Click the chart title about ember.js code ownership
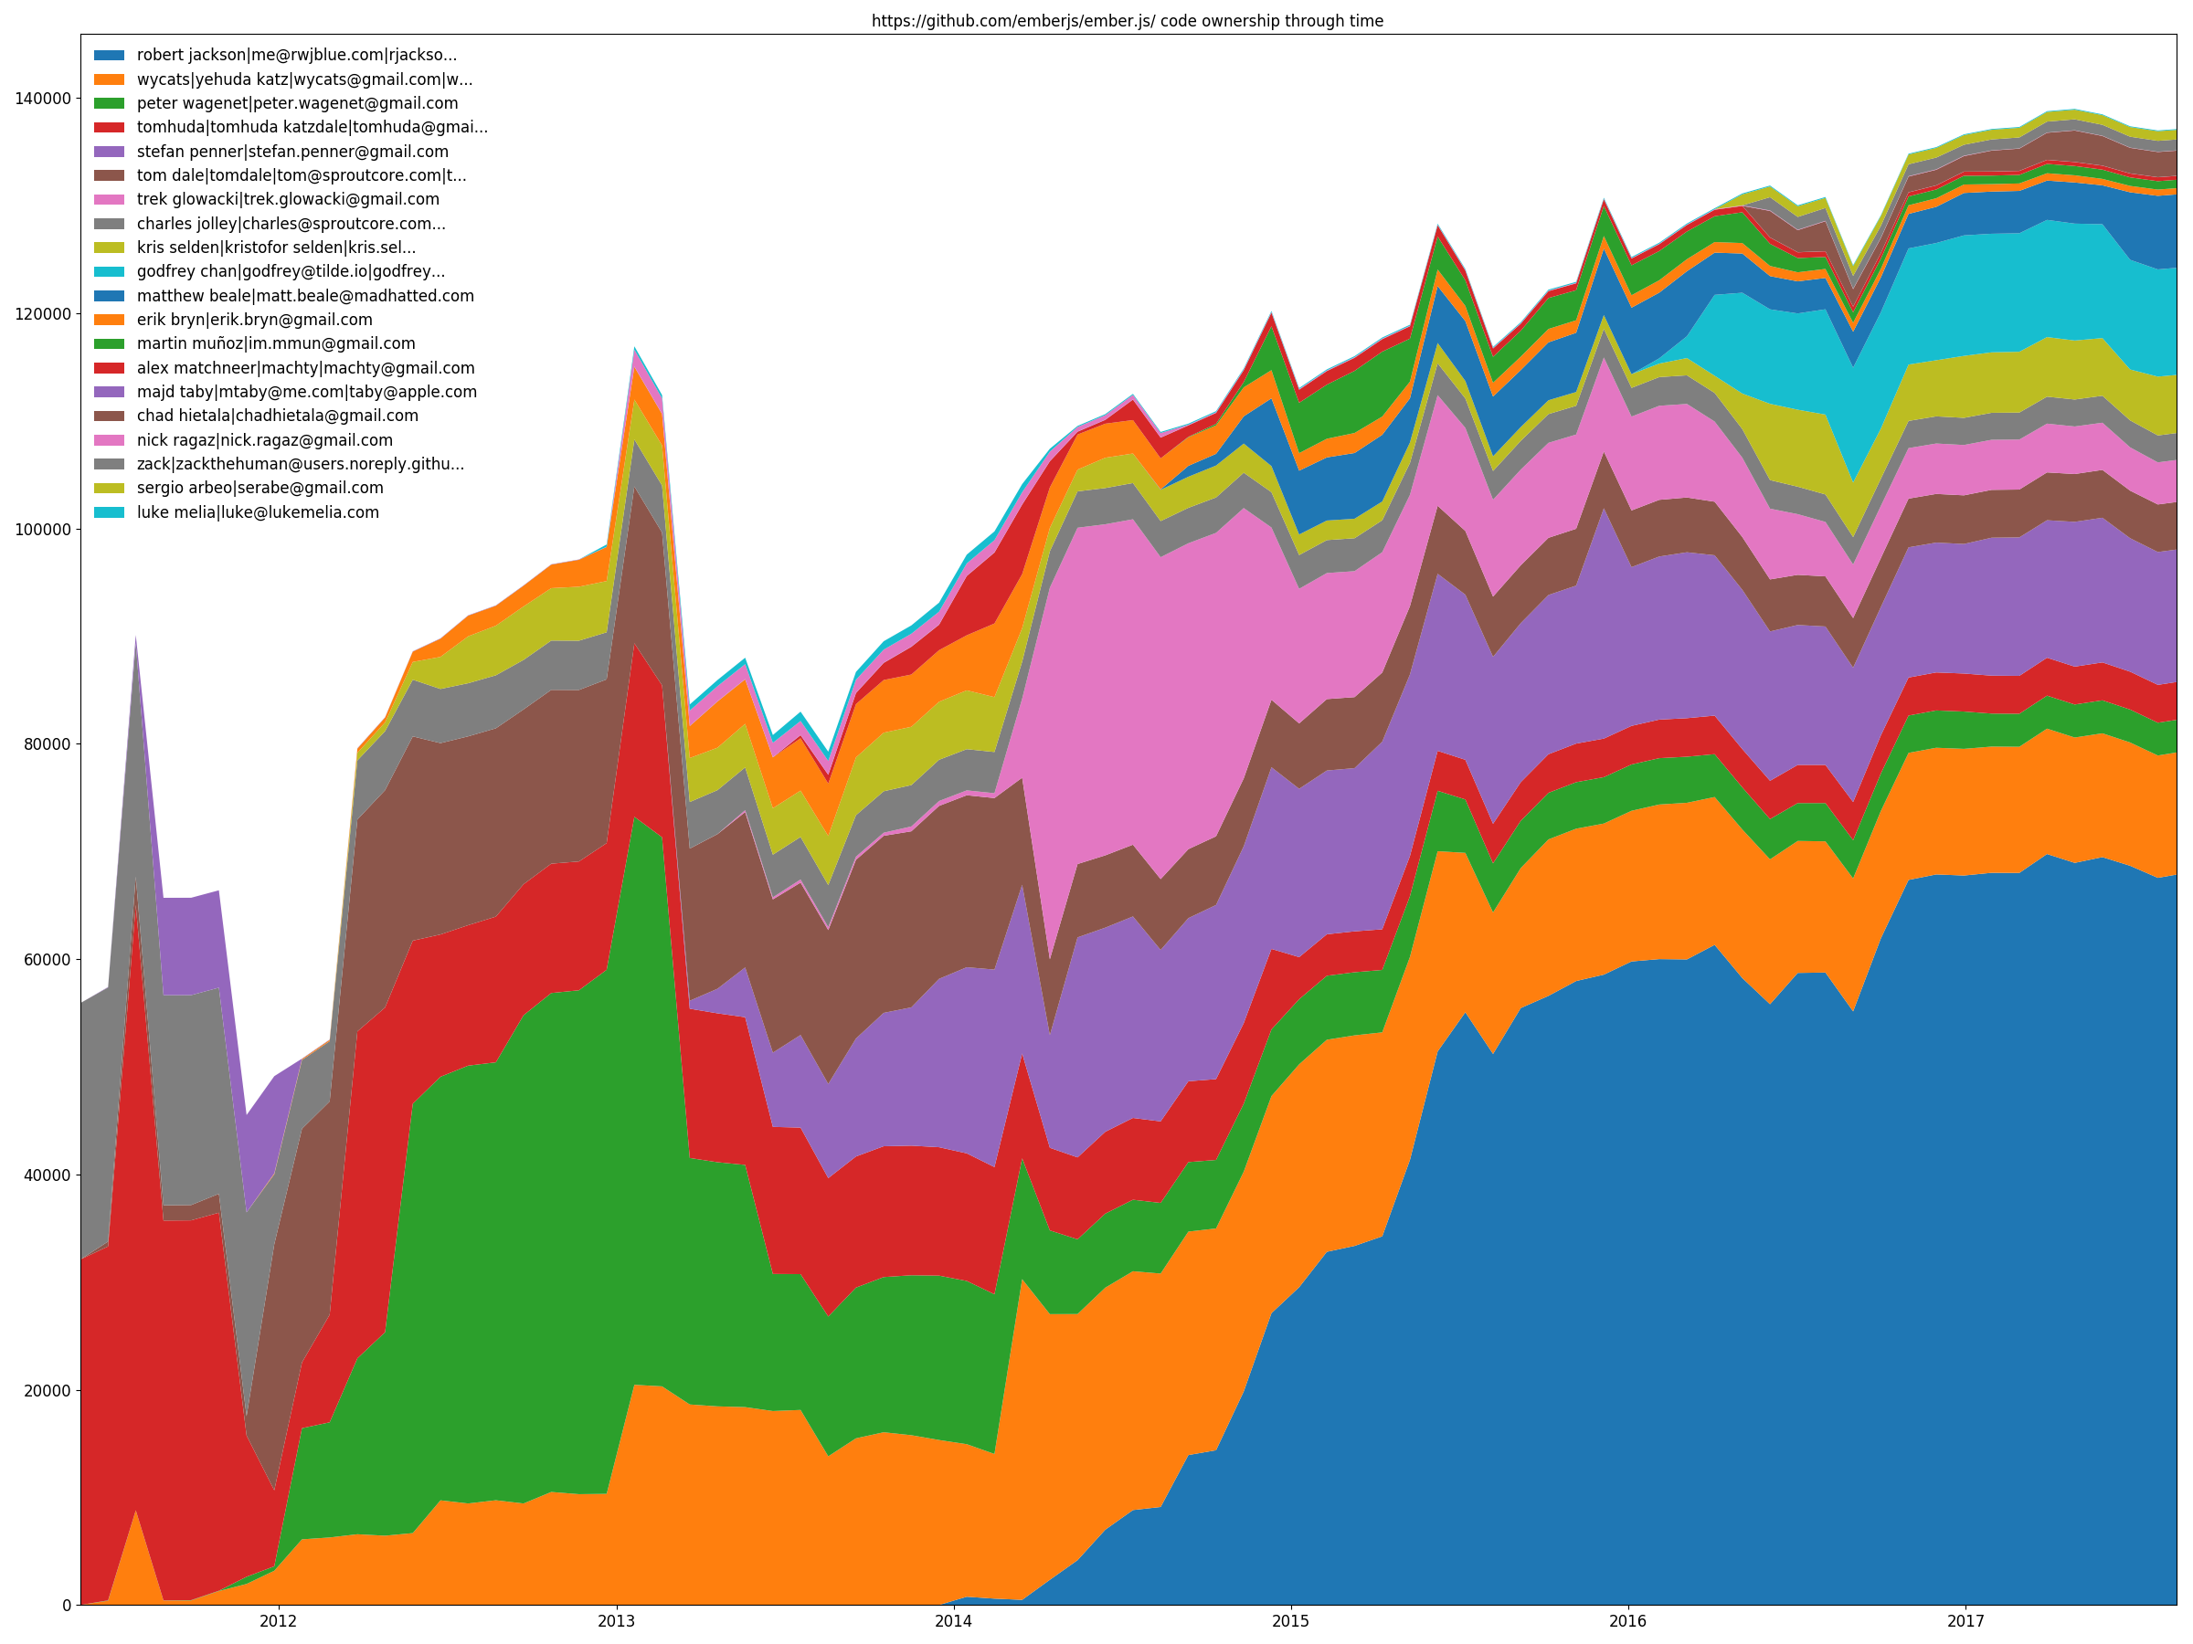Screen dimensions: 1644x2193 point(1128,21)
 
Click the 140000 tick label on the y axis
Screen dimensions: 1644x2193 point(43,98)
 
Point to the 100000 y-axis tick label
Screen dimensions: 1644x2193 point(43,529)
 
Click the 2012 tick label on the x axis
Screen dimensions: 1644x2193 point(279,1621)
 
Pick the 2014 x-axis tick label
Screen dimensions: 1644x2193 point(954,1621)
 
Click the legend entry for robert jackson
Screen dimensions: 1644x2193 point(296,56)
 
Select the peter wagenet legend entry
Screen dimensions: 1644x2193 point(296,103)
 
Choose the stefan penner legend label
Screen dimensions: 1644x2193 point(292,152)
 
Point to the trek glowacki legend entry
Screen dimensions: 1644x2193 point(288,199)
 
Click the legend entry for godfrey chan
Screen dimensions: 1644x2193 point(291,271)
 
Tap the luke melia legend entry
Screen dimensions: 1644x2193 point(258,512)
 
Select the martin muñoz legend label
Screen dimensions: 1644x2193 point(276,343)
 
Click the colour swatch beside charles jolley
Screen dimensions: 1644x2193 point(109,224)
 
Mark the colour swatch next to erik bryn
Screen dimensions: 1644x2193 point(109,320)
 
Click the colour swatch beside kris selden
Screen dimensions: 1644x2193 point(109,248)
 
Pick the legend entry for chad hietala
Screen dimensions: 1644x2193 point(278,416)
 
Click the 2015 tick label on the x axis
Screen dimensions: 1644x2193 point(1291,1621)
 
